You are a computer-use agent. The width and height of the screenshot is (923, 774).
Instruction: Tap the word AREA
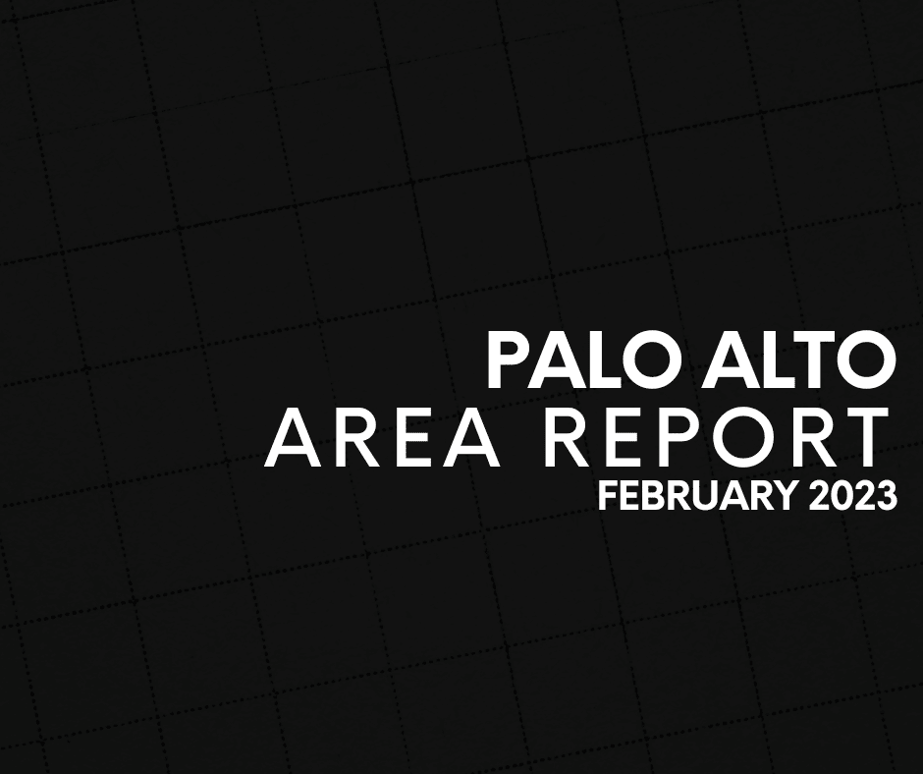[382, 438]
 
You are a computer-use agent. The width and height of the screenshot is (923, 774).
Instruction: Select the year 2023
[853, 496]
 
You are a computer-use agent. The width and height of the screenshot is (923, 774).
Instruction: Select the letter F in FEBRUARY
[608, 496]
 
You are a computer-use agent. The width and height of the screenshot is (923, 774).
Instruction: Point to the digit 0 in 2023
[842, 496]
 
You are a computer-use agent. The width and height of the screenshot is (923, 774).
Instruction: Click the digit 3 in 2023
[888, 496]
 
